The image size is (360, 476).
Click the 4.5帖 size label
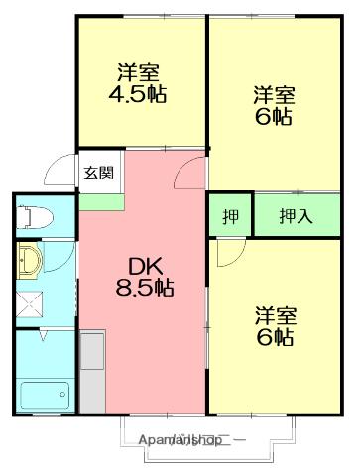[x=138, y=97]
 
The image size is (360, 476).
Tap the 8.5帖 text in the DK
[x=145, y=290]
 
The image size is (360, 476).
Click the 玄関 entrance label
[x=97, y=173]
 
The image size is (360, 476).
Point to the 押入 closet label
[x=296, y=216]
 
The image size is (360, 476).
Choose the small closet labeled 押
[x=229, y=216]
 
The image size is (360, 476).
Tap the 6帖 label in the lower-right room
[x=275, y=337]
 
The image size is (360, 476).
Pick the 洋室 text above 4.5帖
[x=138, y=73]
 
